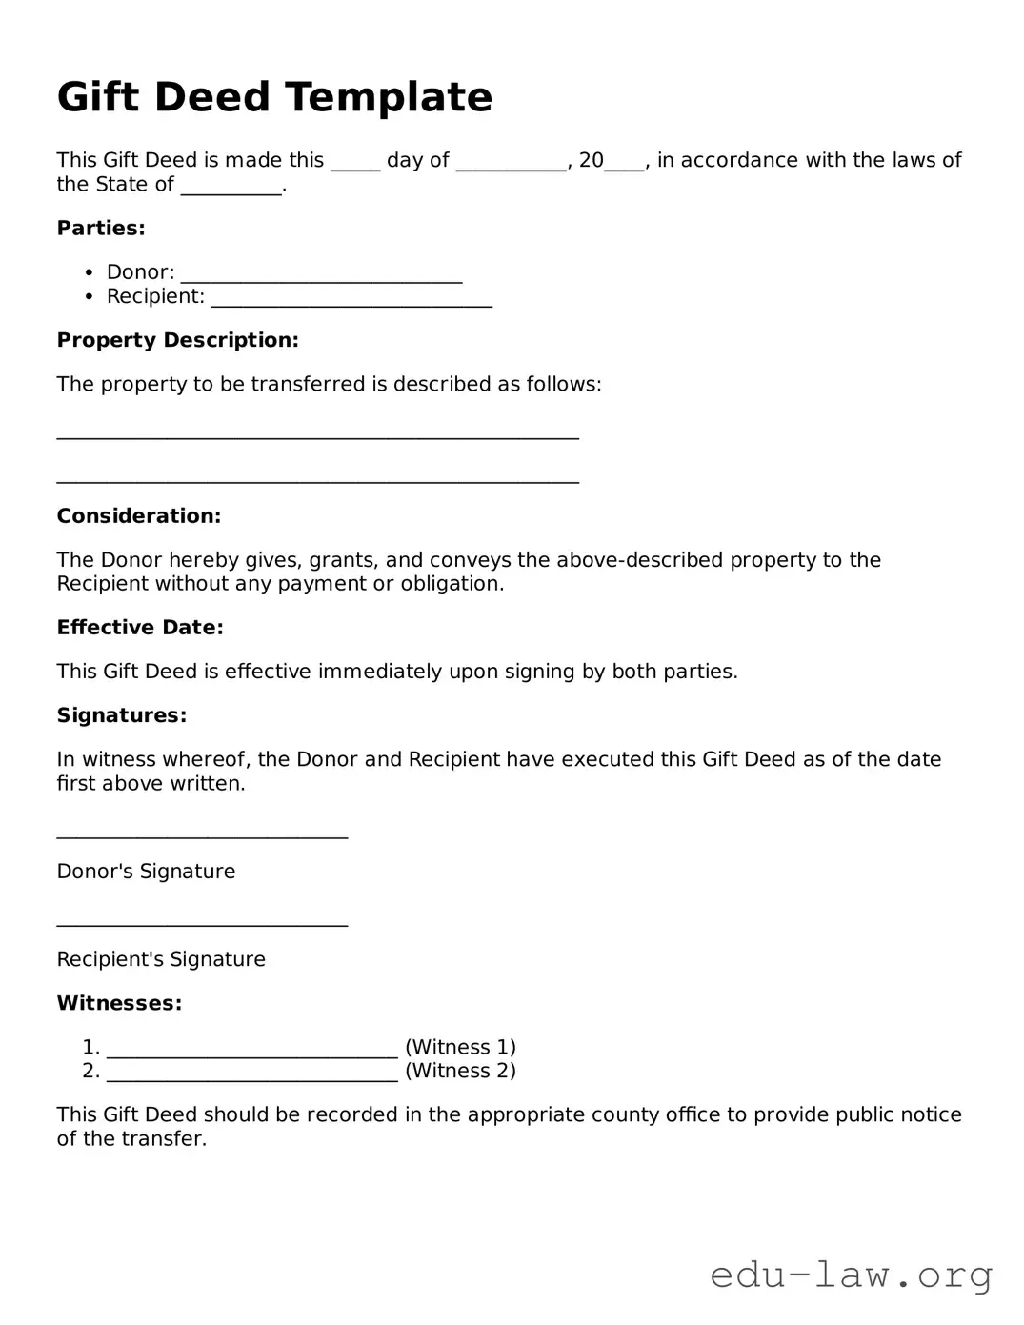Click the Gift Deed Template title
pos(274,97)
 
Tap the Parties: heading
pos(101,229)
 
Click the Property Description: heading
pos(177,340)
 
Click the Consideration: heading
pos(138,516)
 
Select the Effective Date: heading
pos(140,628)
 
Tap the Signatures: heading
pos(121,715)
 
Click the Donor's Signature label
pos(146,872)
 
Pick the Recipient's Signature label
pos(161,959)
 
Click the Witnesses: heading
pos(119,1003)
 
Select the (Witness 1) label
pos(460,1047)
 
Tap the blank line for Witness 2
pos(251,1076)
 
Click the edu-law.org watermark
pos(852,1275)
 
